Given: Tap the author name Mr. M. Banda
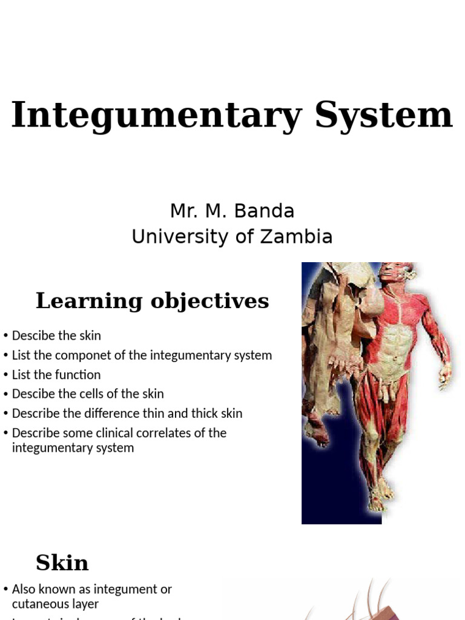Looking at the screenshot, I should [x=232, y=211].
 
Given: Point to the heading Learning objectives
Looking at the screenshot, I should [x=152, y=301].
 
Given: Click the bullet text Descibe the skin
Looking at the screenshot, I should [x=56, y=335].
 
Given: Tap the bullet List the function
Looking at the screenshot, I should [x=56, y=375].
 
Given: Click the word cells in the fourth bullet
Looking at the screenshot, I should [x=99, y=394].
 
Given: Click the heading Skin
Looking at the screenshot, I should [x=62, y=563].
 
